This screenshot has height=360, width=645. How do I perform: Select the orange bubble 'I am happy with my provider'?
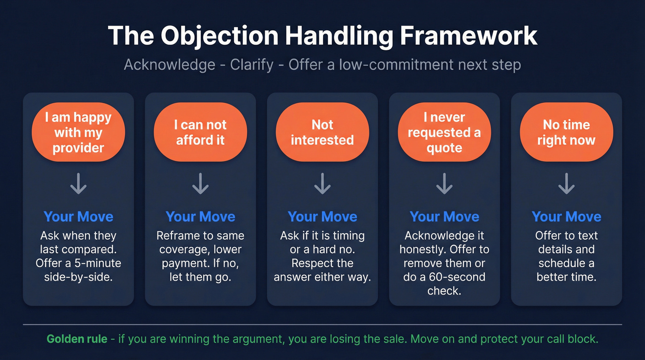tap(78, 133)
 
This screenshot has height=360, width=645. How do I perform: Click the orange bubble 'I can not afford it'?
tap(200, 133)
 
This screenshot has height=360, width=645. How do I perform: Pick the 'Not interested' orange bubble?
tap(322, 133)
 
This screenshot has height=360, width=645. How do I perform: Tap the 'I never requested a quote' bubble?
tap(445, 133)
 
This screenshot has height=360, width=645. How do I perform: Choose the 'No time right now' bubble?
tap(566, 133)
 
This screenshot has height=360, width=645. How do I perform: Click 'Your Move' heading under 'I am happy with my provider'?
tap(78, 217)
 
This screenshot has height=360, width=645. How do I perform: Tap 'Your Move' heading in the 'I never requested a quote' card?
tap(445, 217)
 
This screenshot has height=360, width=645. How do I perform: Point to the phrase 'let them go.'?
tap(200, 277)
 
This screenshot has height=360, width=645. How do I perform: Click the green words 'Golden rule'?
tap(77, 339)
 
